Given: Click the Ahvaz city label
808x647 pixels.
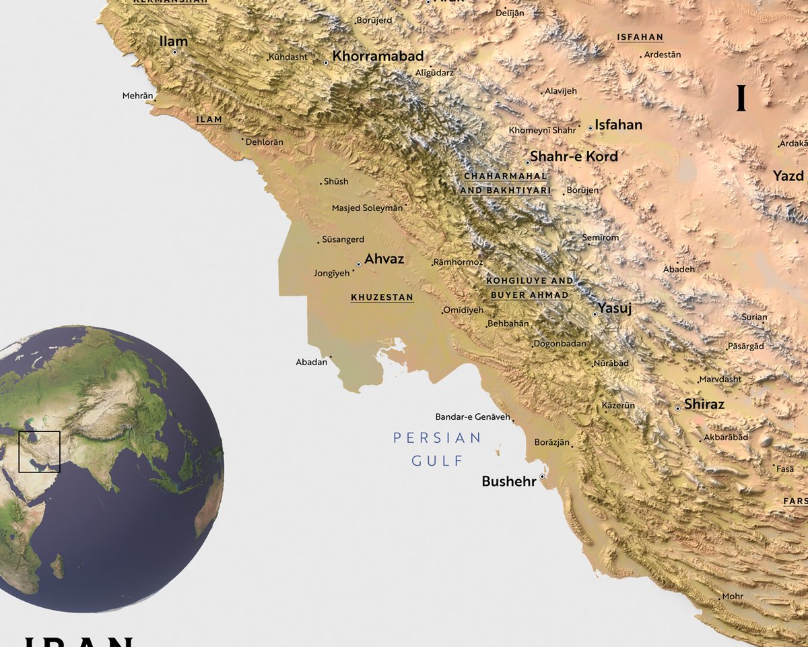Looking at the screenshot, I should coord(384,259).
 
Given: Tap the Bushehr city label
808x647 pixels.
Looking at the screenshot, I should coord(509,481).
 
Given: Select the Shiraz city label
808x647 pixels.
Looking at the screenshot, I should coord(704,404).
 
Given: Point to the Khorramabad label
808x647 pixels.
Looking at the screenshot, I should coord(378,56).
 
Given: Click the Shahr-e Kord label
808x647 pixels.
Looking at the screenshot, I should coord(574,156).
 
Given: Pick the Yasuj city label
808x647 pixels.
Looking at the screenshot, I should coord(615,308).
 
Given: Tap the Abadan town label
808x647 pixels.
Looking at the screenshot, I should coord(311,363).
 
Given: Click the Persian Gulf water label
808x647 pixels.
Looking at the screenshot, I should coord(438,449).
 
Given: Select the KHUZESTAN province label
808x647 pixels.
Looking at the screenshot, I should coord(382,297).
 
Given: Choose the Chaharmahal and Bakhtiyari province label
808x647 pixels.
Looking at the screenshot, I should coord(506,183).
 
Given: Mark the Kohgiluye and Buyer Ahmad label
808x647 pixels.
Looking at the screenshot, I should coord(530,288).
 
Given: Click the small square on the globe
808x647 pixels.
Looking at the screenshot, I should coord(39,452).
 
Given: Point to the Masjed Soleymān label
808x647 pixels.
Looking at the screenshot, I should coord(367,208).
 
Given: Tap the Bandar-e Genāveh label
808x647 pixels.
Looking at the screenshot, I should coord(473,417).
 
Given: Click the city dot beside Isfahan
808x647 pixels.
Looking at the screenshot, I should coord(591,128).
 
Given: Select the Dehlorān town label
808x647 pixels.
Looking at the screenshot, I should coord(265,142).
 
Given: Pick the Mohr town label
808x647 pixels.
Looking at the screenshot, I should coord(733,596).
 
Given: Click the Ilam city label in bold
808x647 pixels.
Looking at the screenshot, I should coord(173,42).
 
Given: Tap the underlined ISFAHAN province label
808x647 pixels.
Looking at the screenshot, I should coord(640,38).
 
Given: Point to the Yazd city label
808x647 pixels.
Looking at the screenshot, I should coord(788,176).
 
